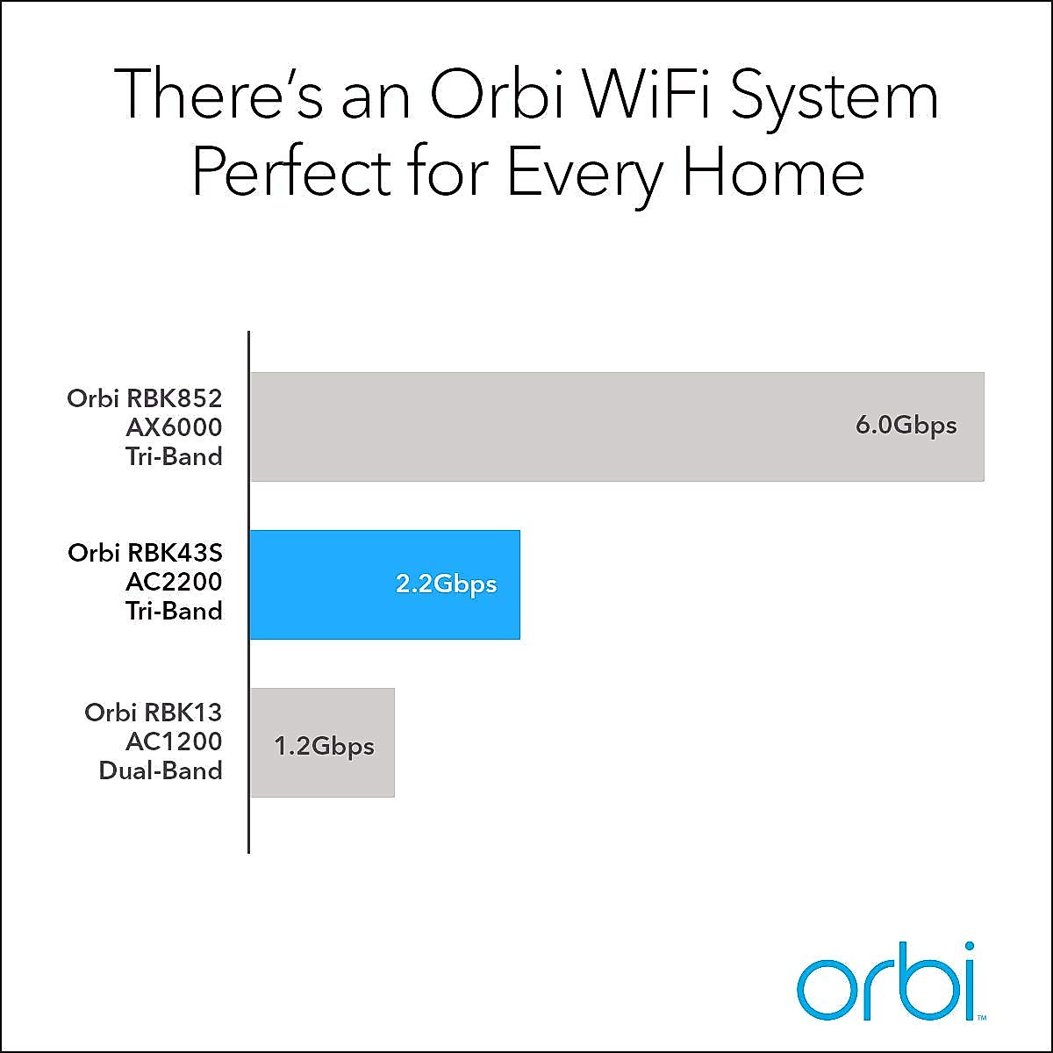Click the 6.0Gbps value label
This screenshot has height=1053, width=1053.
click(906, 426)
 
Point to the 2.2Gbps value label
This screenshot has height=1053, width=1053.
click(446, 584)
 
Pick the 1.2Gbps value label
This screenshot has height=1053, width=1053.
click(324, 747)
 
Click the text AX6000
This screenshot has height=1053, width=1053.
click(174, 427)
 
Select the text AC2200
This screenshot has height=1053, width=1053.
click(174, 582)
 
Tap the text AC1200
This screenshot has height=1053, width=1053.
click(174, 741)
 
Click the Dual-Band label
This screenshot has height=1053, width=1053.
click(161, 770)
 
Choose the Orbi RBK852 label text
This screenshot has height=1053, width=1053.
click(145, 398)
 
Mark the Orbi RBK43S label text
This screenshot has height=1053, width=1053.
click(145, 553)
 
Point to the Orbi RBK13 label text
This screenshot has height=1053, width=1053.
click(154, 713)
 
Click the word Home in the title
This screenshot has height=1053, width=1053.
click(773, 173)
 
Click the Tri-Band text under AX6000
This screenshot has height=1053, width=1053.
click(174, 456)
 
